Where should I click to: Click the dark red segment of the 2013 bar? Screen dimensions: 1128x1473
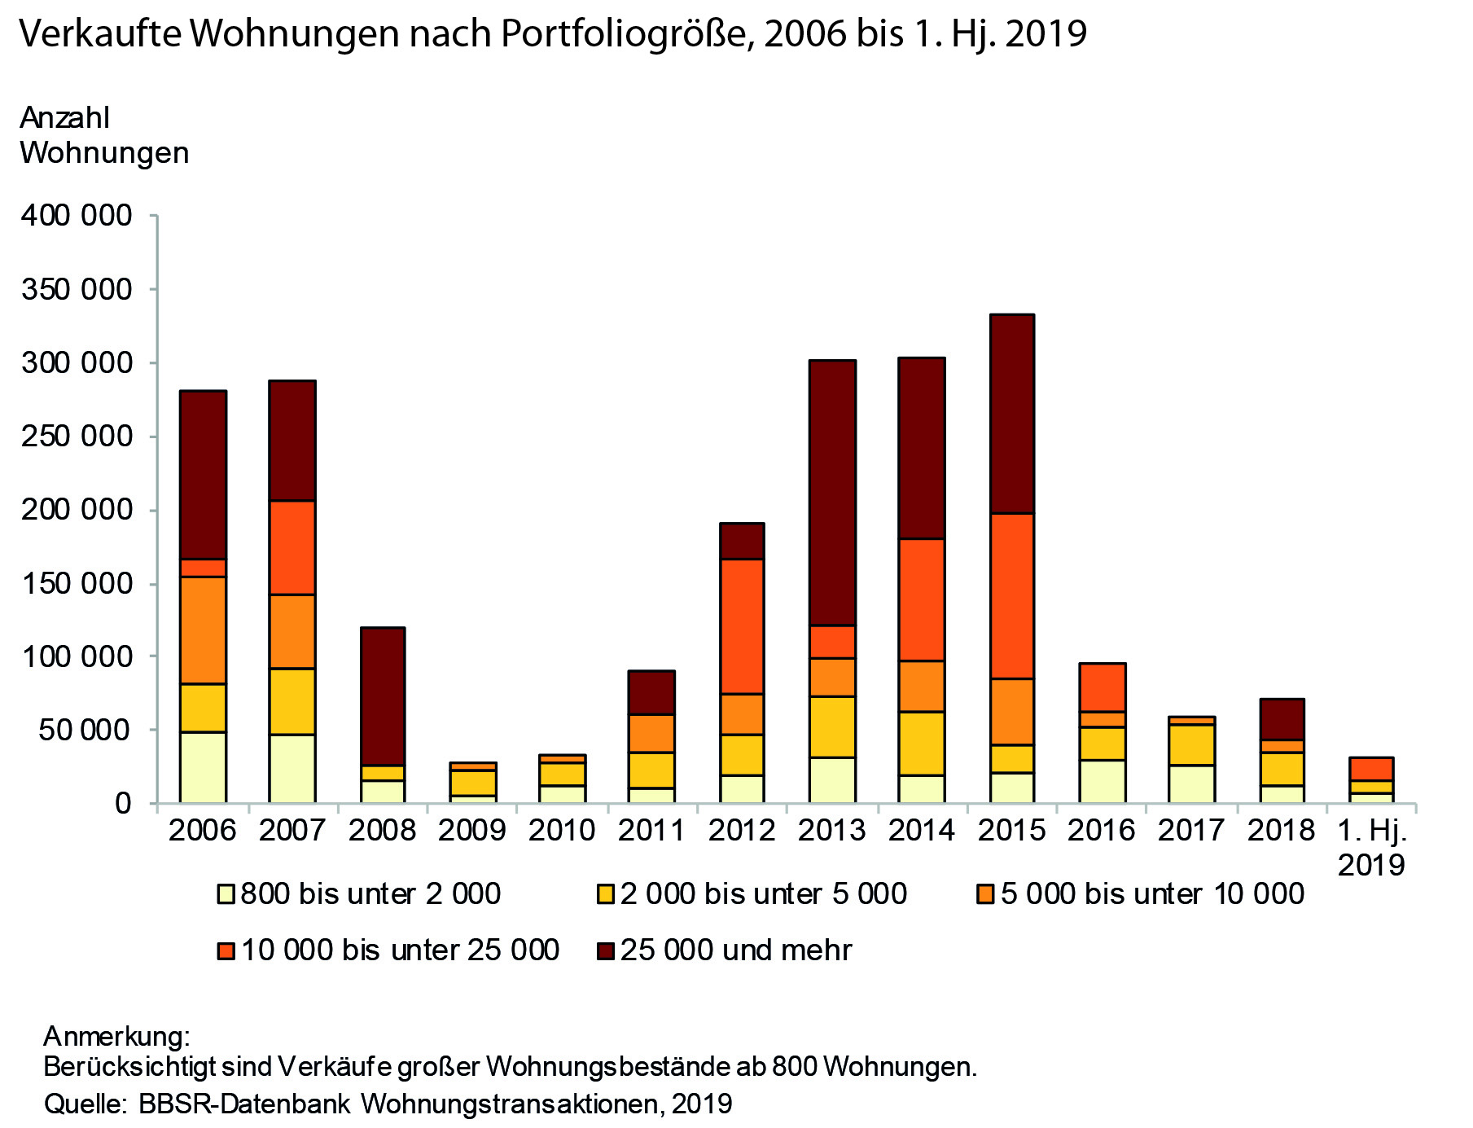(832, 493)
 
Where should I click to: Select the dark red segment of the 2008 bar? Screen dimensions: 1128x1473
(383, 696)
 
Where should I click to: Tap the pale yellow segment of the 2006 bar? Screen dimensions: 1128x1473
(204, 767)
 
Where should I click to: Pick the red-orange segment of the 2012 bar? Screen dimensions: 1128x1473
(742, 626)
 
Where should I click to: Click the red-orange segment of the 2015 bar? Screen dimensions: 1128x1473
(1011, 595)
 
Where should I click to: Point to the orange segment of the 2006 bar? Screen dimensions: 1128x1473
(204, 630)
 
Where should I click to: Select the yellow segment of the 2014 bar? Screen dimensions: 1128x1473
(922, 743)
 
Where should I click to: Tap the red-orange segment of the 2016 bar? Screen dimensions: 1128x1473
(1102, 687)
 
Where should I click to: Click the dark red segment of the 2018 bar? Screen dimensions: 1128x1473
(1282, 719)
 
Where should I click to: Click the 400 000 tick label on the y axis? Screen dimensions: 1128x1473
(77, 216)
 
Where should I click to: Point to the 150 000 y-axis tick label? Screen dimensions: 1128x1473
(77, 584)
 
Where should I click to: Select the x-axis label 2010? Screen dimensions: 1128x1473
(562, 830)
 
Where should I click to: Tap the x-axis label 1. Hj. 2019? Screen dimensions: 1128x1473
(1372, 847)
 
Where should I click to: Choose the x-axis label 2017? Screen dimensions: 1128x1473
(1191, 830)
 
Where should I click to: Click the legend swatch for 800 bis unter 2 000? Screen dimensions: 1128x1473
(226, 894)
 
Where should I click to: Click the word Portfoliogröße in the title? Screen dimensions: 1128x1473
(628, 34)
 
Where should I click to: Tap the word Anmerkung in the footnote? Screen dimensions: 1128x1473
(116, 1036)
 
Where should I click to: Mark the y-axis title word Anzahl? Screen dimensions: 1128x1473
(64, 118)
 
